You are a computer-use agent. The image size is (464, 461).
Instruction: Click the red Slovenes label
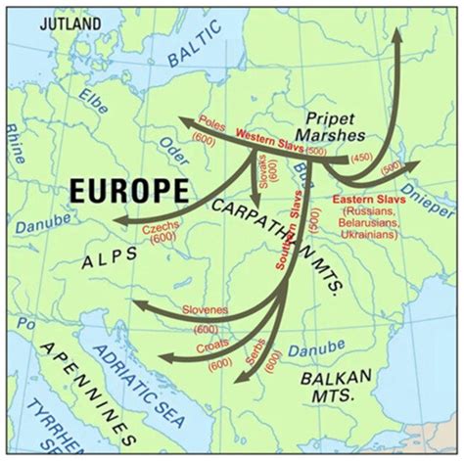point(205,311)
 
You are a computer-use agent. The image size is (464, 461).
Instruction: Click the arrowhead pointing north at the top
point(397,33)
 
